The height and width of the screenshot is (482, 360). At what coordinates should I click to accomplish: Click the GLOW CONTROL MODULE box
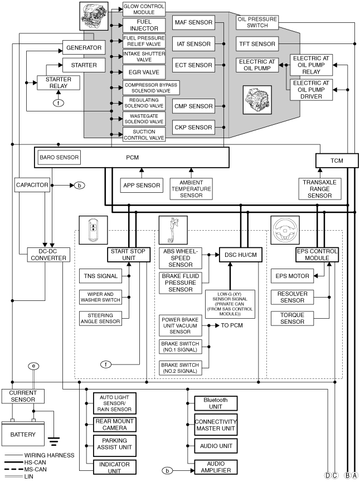(144, 9)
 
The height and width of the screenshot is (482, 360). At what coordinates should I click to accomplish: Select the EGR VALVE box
(144, 72)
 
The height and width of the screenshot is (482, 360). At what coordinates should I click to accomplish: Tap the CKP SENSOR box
(193, 127)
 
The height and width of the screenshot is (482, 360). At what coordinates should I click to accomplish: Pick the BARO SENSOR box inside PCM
(59, 157)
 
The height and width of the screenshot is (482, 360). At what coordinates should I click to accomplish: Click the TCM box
(337, 160)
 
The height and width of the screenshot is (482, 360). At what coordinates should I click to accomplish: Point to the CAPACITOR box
(32, 185)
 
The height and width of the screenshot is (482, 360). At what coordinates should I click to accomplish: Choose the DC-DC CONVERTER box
(48, 255)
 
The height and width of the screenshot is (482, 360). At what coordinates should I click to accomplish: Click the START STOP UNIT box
(129, 255)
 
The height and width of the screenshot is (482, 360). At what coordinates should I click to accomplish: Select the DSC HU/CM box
(241, 255)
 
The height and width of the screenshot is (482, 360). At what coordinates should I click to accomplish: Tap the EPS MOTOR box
(293, 276)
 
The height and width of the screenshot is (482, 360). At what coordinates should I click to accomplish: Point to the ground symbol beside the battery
(53, 441)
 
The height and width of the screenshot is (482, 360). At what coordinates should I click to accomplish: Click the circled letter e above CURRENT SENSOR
(33, 366)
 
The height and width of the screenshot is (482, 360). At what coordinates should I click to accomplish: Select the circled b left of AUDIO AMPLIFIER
(168, 471)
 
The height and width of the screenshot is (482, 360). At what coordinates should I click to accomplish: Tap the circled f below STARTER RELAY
(59, 103)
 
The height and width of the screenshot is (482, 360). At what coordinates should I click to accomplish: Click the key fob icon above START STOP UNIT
(94, 230)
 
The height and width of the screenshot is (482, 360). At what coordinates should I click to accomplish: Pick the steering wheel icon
(285, 230)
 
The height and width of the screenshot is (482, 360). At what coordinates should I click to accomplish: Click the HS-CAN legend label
(35, 462)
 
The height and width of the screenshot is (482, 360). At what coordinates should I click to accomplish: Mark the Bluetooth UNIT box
(216, 403)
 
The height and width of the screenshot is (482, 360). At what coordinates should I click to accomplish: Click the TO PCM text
(232, 325)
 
